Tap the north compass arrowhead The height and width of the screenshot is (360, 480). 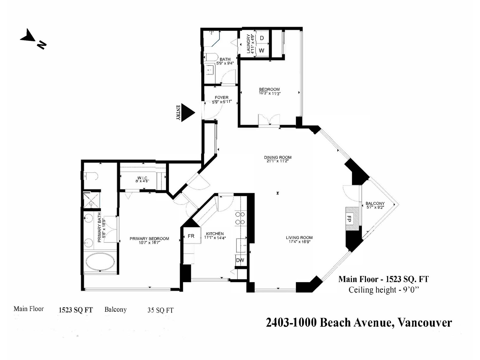28,35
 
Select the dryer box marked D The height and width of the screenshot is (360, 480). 262,38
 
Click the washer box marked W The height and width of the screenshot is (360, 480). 262,50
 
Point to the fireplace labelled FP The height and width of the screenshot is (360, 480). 352,219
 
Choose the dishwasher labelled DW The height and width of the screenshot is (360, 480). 240,260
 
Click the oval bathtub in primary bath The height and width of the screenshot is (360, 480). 100,262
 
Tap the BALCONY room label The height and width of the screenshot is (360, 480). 375,203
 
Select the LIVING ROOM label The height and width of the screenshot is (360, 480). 299,238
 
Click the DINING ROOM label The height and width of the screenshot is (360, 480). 278,157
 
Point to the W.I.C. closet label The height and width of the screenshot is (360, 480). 142,178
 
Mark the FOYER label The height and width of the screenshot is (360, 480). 221,97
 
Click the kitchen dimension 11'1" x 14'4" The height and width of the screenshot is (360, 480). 215,238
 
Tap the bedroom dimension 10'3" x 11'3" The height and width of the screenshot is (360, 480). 270,93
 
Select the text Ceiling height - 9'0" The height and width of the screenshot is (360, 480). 384,290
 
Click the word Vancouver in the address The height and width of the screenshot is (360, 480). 424,323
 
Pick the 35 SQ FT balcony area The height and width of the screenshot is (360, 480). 160,310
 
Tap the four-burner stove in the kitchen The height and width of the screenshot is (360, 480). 240,218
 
